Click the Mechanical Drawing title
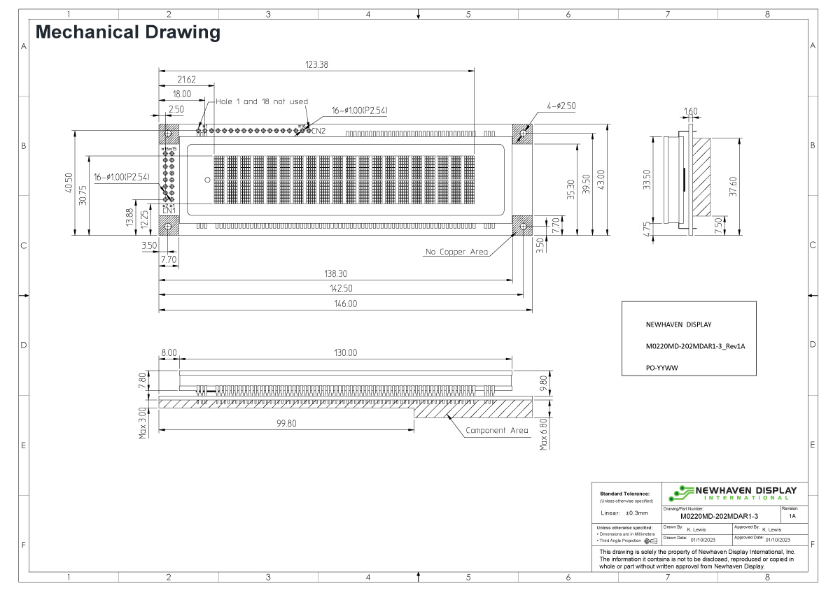(x=127, y=31)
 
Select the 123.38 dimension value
(x=316, y=64)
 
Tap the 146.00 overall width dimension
(x=345, y=304)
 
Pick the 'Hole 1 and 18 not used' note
(x=261, y=101)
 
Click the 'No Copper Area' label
(x=456, y=252)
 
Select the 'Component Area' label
(x=497, y=431)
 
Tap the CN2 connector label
(x=318, y=131)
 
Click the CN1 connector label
(x=169, y=210)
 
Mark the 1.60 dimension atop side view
(x=690, y=111)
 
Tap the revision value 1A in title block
(x=791, y=515)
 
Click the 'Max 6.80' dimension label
(x=544, y=434)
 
